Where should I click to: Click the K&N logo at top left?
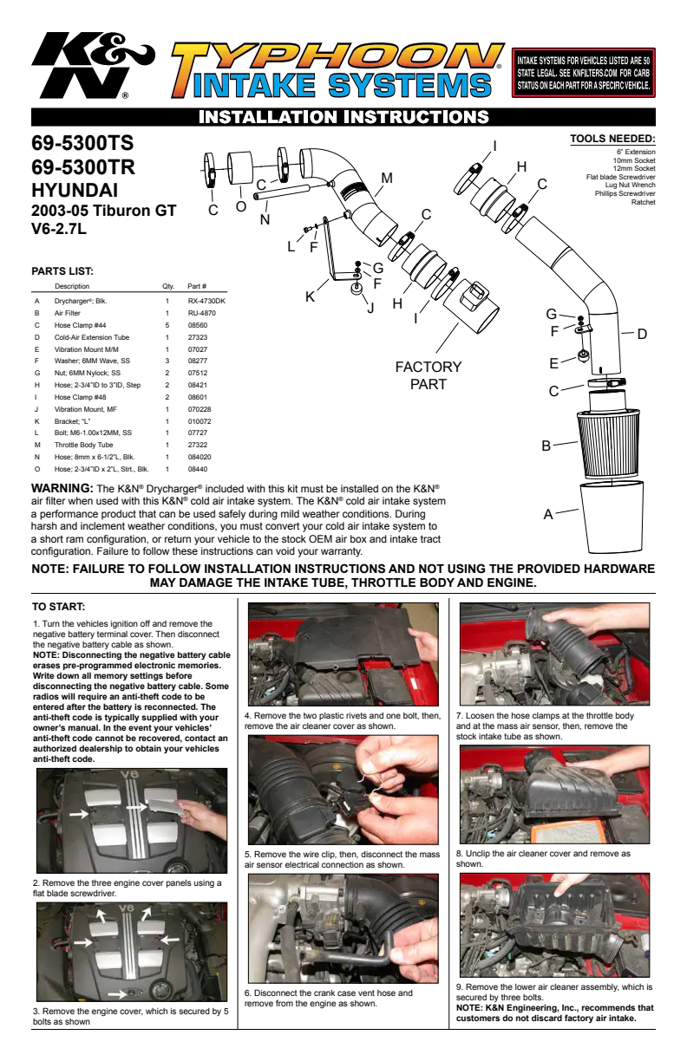point(93,65)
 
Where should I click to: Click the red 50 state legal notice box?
point(583,73)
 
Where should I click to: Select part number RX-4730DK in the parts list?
point(206,302)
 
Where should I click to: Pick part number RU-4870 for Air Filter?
point(201,313)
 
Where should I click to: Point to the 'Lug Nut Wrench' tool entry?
point(630,186)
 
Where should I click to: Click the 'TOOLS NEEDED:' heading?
point(612,139)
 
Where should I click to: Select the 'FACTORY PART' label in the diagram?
point(429,375)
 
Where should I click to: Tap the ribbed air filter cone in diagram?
point(607,445)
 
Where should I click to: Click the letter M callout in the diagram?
point(387,178)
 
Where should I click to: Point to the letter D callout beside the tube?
point(642,334)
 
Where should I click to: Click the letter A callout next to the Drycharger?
point(548,514)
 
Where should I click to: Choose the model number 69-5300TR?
point(83,166)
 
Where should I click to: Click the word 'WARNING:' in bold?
point(62,488)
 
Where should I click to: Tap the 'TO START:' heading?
point(58,607)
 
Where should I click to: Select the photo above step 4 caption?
point(343,654)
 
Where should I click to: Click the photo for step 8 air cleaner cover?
point(555,794)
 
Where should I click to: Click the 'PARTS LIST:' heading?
point(62,271)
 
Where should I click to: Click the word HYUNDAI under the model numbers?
point(75,190)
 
